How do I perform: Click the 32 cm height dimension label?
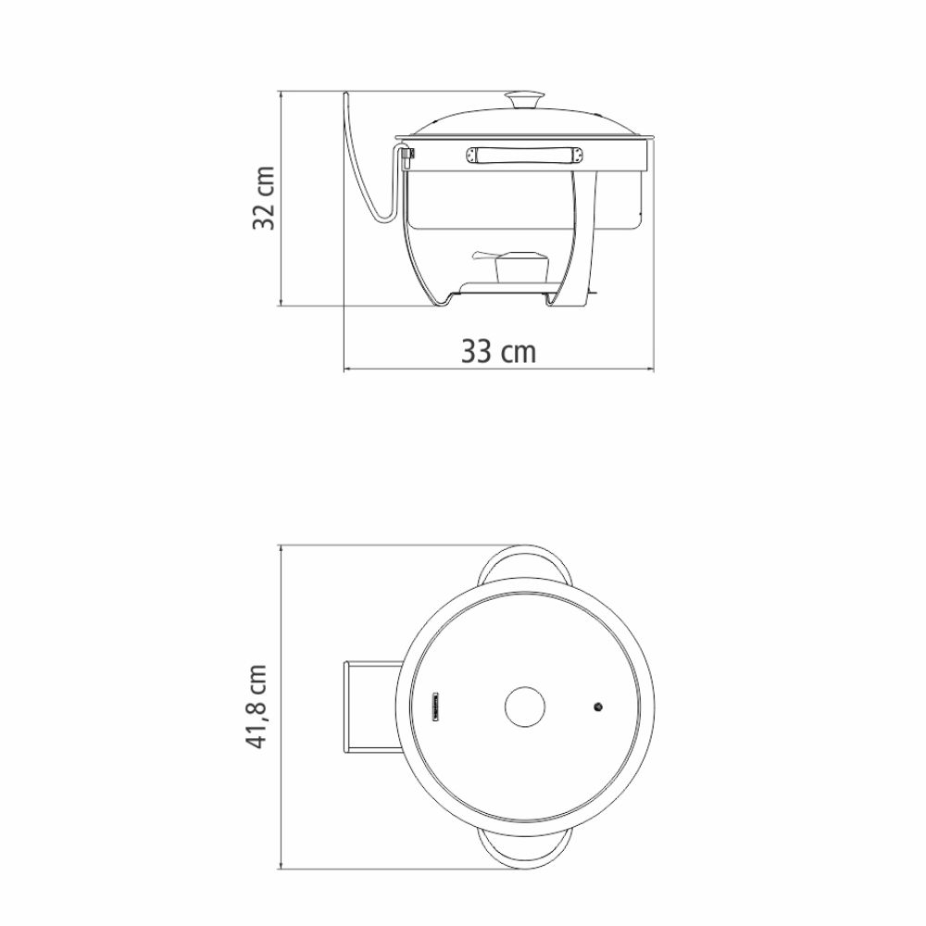click(x=264, y=198)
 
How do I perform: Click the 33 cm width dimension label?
click(x=498, y=351)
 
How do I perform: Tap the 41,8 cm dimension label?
click(x=257, y=707)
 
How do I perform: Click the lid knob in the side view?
click(x=524, y=99)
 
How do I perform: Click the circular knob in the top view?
click(x=525, y=707)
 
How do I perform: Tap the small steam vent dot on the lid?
click(x=597, y=707)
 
